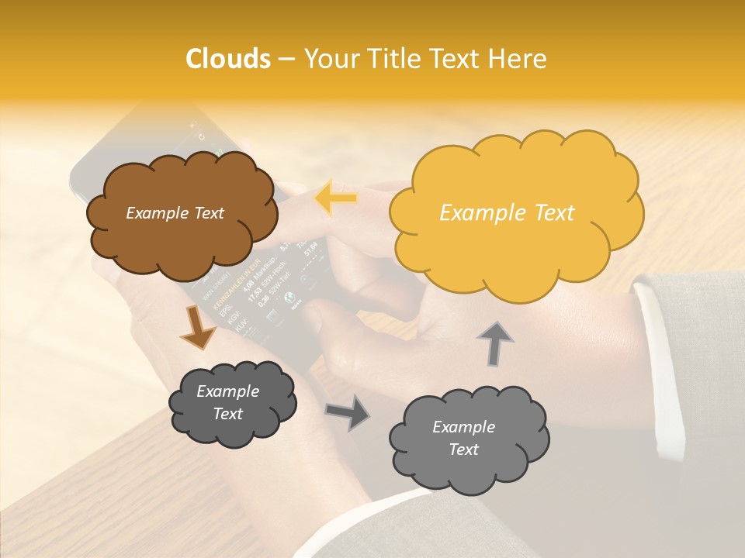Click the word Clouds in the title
[228, 59]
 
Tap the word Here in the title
[518, 59]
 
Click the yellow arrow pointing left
[335, 198]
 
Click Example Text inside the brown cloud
[175, 213]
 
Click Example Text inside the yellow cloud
[507, 213]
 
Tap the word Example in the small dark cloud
[227, 391]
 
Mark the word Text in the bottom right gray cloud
[463, 449]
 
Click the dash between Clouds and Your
[286, 59]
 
